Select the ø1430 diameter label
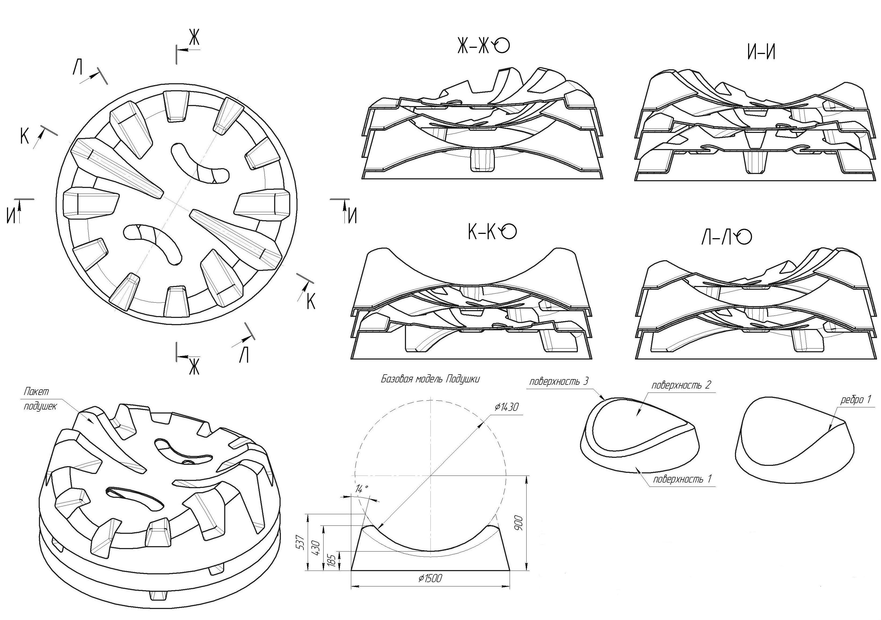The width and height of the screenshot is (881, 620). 506,407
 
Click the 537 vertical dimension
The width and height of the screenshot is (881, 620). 301,542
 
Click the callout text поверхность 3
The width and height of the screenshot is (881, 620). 558,382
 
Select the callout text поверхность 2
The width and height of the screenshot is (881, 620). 681,385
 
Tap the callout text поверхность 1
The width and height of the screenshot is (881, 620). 683,479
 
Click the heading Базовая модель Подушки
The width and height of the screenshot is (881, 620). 430,379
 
